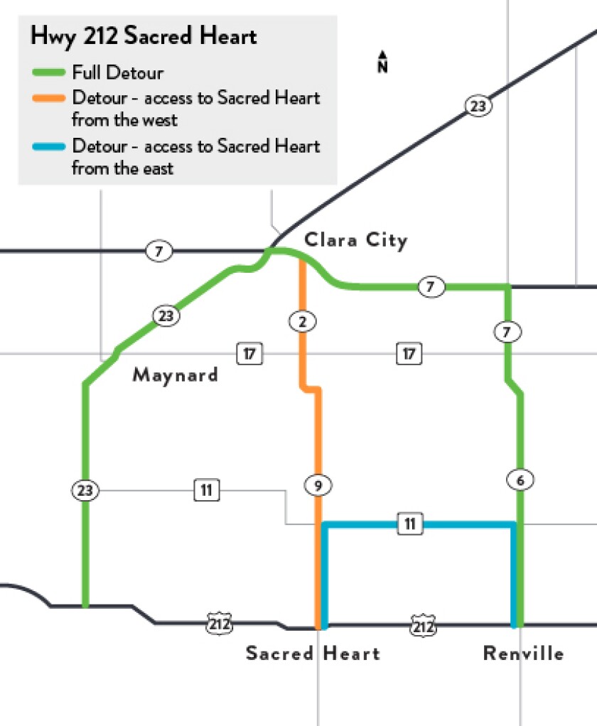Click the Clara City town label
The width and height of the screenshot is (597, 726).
tap(356, 241)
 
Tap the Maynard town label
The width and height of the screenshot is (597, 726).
tap(176, 374)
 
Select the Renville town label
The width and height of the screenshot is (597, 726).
tap(523, 654)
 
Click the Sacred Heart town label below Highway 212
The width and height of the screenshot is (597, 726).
tap(313, 654)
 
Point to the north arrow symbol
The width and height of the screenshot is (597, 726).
tap(382, 62)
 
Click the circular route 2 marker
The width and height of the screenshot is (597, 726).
tap(302, 322)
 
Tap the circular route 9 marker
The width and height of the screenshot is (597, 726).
tap(318, 486)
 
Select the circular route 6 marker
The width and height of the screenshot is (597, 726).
tap(521, 480)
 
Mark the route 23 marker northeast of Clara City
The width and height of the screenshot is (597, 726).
tap(478, 107)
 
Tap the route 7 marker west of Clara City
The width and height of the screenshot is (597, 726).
tap(158, 251)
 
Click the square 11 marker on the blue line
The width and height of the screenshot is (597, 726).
tap(409, 525)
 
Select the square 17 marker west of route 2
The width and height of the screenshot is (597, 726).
tap(249, 353)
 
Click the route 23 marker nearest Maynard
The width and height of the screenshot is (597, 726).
tap(166, 315)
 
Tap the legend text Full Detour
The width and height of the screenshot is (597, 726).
tap(118, 72)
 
